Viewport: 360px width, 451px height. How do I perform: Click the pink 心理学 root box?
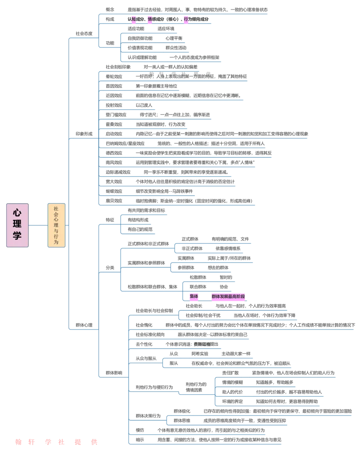(x=17, y=225)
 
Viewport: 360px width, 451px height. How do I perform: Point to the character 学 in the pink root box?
(x=17, y=236)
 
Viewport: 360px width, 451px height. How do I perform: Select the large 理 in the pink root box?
(x=17, y=224)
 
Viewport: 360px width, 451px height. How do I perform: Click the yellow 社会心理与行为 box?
(x=56, y=225)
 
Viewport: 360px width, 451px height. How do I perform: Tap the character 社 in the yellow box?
(x=56, y=209)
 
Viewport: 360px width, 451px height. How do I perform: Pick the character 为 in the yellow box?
(x=56, y=242)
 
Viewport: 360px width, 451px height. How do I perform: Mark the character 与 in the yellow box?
(x=56, y=231)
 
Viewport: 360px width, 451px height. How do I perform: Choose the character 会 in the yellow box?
(x=56, y=214)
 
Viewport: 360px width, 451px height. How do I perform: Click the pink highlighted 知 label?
(x=134, y=19)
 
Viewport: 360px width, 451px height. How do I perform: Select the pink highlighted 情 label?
(x=150, y=19)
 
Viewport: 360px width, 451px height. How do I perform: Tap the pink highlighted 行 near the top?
(x=186, y=19)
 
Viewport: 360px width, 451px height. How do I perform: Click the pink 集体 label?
(x=194, y=296)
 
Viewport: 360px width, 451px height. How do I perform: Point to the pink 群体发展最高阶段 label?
(x=229, y=296)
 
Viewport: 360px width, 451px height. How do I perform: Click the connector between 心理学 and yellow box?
(x=38, y=225)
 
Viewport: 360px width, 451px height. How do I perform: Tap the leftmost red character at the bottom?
(x=18, y=442)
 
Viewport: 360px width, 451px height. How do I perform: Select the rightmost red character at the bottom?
(x=94, y=442)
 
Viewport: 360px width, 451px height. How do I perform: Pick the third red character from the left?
(x=47, y=442)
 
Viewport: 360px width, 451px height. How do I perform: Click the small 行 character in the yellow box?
(x=56, y=237)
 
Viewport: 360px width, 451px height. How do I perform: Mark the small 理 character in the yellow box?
(x=56, y=225)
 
